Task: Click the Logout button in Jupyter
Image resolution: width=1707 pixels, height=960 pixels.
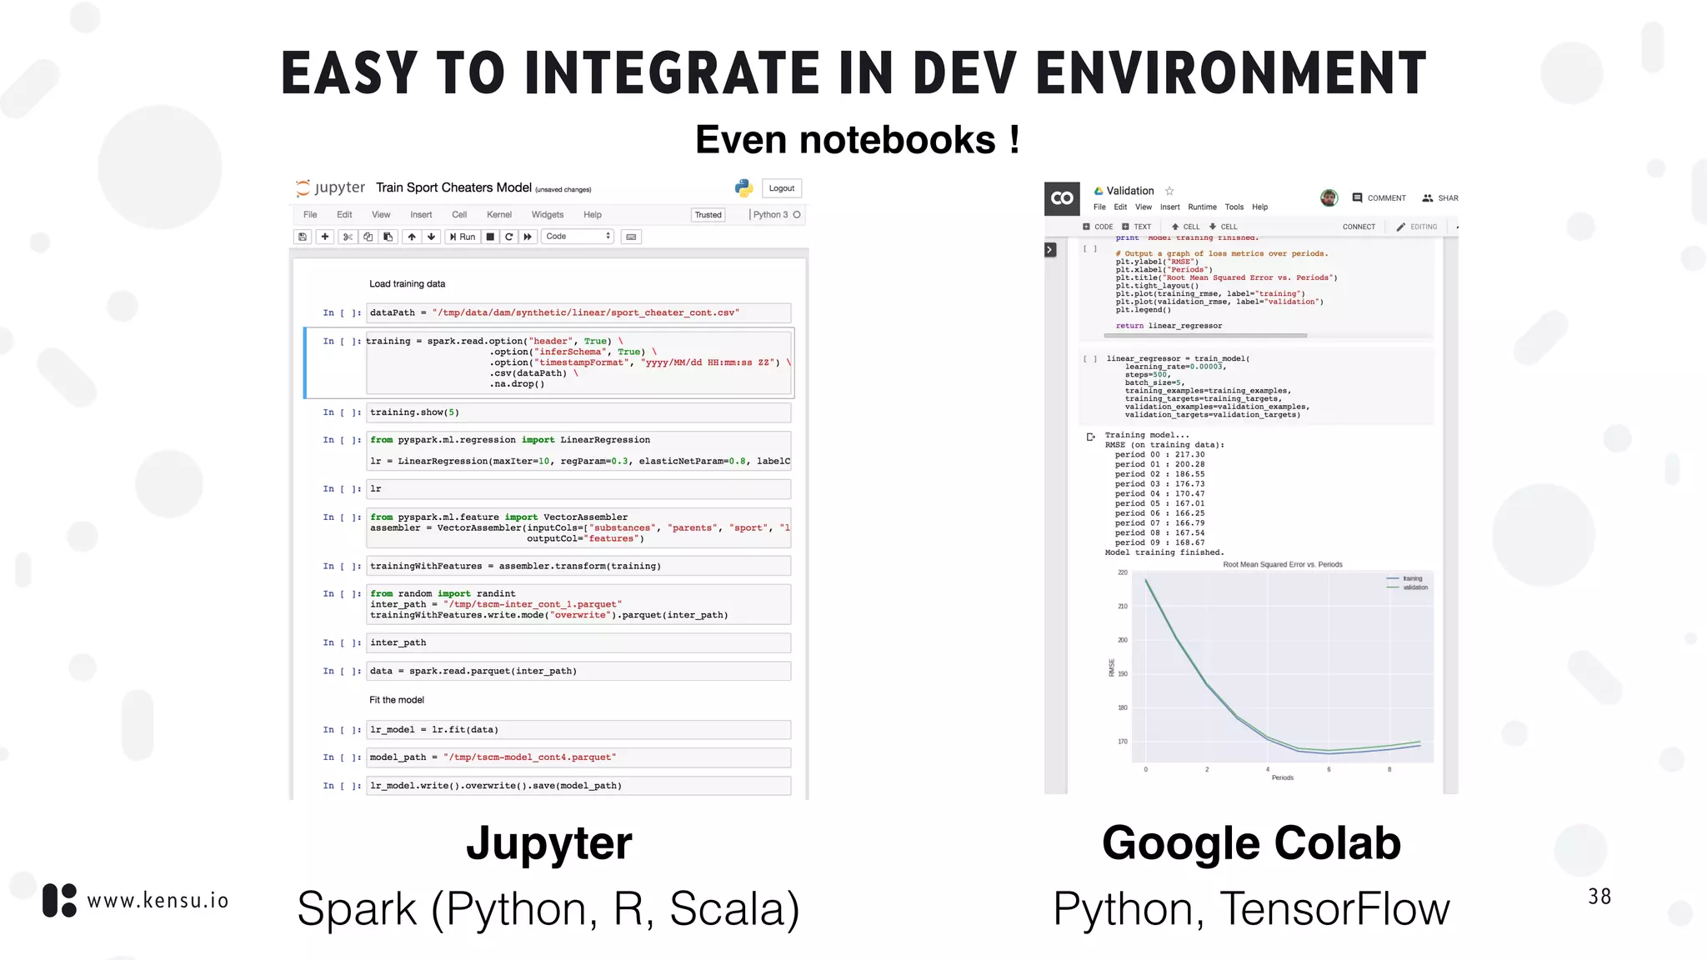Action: pos(781,188)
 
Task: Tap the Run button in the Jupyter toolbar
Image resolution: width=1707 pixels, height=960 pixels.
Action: pos(463,237)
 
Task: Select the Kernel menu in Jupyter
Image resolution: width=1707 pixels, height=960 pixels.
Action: pos(498,215)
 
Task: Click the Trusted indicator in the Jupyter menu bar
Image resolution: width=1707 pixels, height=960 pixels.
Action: pos(708,215)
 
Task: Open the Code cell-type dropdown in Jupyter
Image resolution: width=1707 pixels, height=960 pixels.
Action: pos(578,237)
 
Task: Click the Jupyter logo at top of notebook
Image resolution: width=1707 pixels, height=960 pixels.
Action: pos(331,187)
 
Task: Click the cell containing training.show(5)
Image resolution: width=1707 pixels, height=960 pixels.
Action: pos(578,412)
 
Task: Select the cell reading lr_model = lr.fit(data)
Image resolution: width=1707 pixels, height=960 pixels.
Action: pos(578,730)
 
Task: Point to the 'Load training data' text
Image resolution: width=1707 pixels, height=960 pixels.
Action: pos(407,284)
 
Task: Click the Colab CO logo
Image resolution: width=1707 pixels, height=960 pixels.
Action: pos(1062,198)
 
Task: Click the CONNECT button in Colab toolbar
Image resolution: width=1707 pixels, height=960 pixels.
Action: pos(1359,227)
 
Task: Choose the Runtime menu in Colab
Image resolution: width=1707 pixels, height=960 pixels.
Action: pos(1202,207)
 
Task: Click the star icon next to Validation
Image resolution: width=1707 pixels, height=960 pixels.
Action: pos(1169,191)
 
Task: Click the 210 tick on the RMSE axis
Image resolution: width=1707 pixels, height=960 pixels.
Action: pos(1123,607)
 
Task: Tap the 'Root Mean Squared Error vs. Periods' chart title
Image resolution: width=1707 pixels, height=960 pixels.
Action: pos(1282,565)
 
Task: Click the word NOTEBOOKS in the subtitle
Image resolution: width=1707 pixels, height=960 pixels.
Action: pos(897,140)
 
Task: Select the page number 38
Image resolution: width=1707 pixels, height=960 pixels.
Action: pos(1599,897)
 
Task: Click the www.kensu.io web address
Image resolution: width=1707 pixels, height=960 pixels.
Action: pos(158,901)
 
